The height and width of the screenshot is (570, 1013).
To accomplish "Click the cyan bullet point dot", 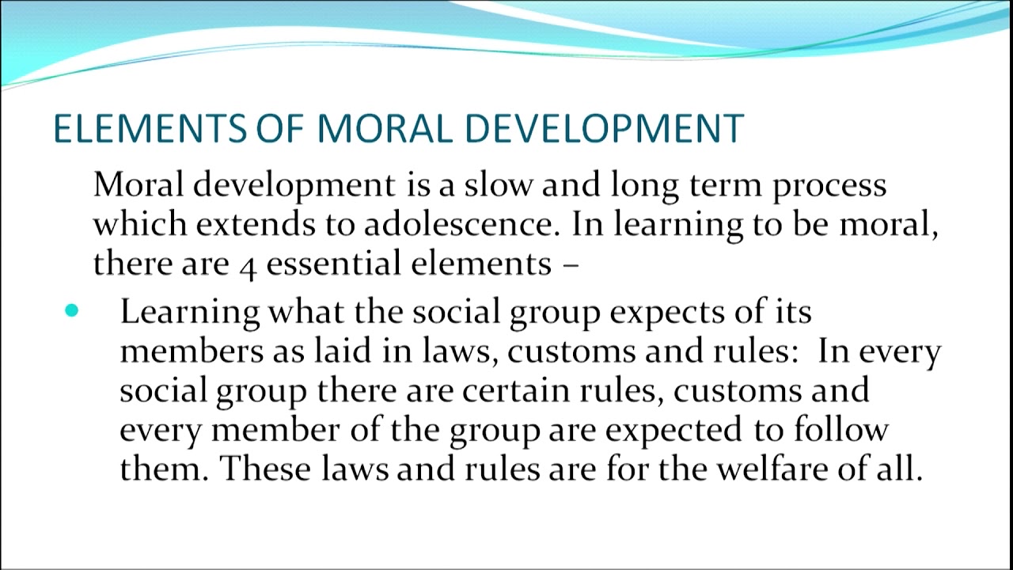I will coord(72,311).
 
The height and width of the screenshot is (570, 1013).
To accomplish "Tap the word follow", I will coord(843,430).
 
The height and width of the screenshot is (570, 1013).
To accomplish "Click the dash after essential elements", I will coord(571,265).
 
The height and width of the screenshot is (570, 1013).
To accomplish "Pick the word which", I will coord(139,225).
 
